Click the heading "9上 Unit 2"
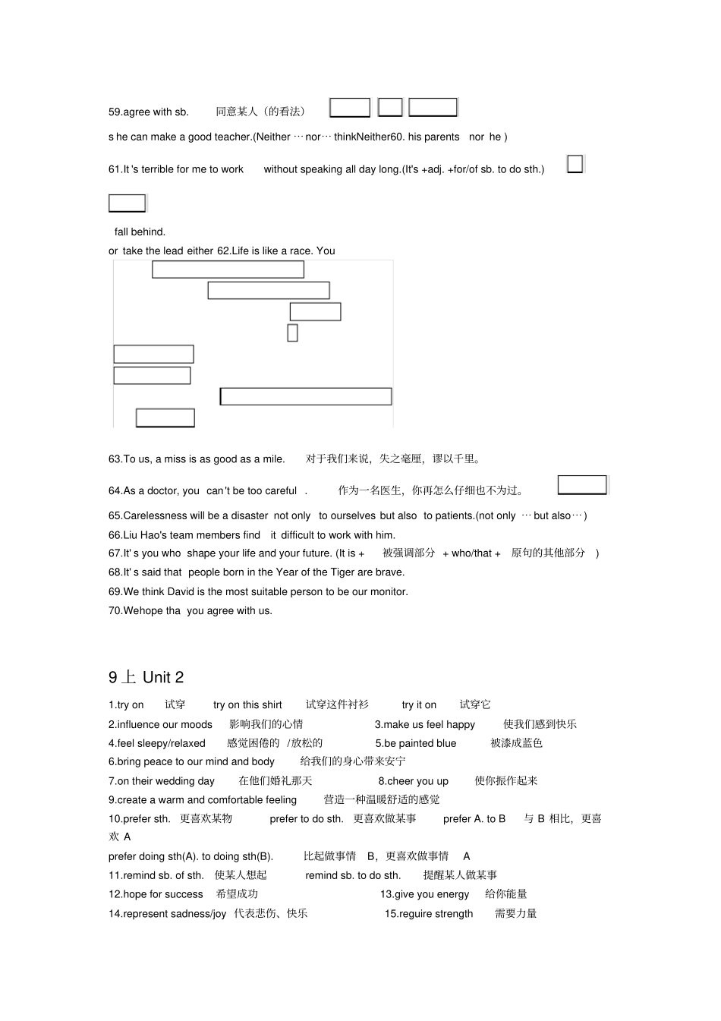146,677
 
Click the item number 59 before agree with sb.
115,112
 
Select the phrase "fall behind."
140,232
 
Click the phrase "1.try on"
126,704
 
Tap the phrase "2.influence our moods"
160,724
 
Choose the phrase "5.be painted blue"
416,743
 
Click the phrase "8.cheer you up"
414,780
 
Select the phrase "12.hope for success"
156,894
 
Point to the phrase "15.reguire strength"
429,913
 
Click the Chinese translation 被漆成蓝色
516,743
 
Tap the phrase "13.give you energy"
425,894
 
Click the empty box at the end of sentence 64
582,485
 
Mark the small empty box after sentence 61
575,164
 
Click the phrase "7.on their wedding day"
162,780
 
